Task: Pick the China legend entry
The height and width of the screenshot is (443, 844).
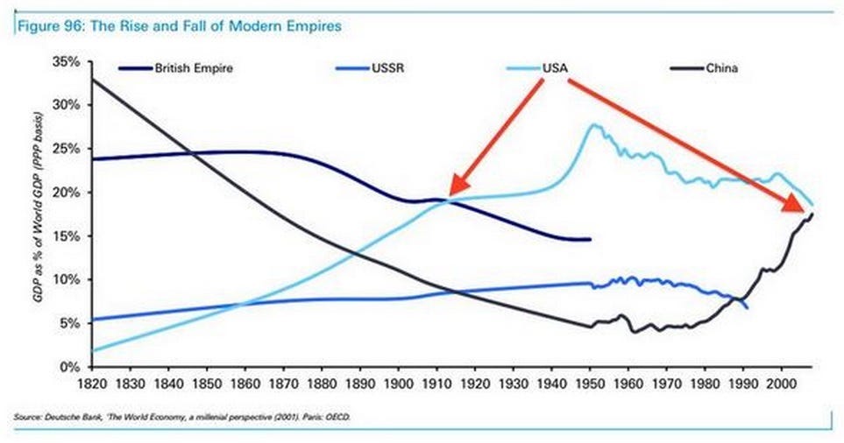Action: click(720, 67)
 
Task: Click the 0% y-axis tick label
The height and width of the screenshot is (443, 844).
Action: click(72, 367)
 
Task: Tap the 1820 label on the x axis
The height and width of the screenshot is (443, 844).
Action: click(90, 383)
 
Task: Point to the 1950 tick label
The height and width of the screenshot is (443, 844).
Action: click(589, 383)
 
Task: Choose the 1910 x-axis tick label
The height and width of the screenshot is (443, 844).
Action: click(436, 383)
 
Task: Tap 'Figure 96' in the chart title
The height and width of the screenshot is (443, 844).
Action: click(40, 26)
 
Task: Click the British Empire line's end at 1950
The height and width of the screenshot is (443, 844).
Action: click(590, 239)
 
